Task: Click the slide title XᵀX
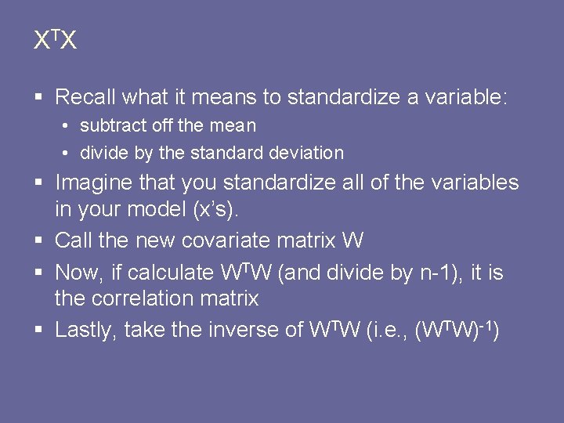pyautogui.click(x=55, y=41)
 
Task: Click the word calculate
pyautogui.click(x=170, y=273)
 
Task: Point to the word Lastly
pyautogui.click(x=87, y=330)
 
